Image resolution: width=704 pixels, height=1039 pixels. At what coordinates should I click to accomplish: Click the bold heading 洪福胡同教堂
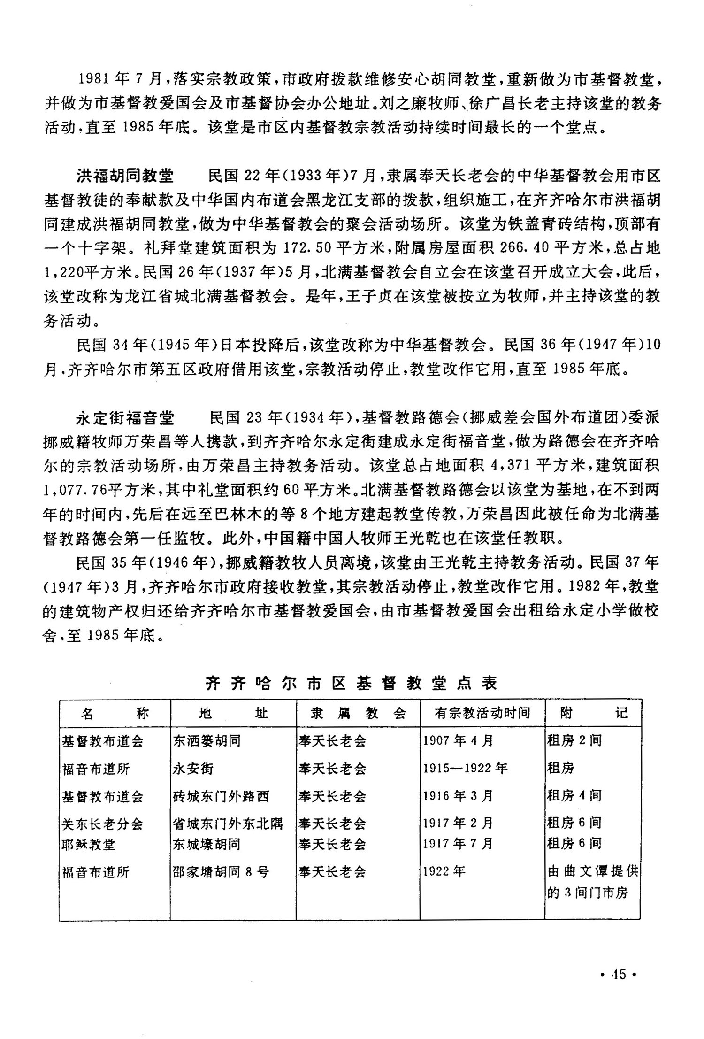point(125,176)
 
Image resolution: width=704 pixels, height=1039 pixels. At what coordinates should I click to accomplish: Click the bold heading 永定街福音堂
point(125,417)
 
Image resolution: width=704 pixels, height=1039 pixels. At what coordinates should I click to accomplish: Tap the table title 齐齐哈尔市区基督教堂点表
point(351,683)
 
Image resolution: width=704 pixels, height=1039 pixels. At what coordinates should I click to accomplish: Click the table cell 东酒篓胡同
point(207,741)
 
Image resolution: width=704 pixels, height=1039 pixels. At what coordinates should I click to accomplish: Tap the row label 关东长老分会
point(102,824)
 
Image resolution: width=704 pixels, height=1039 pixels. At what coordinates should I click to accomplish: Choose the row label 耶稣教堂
point(89,844)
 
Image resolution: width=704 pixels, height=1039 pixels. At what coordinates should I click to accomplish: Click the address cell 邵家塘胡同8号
point(221,872)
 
